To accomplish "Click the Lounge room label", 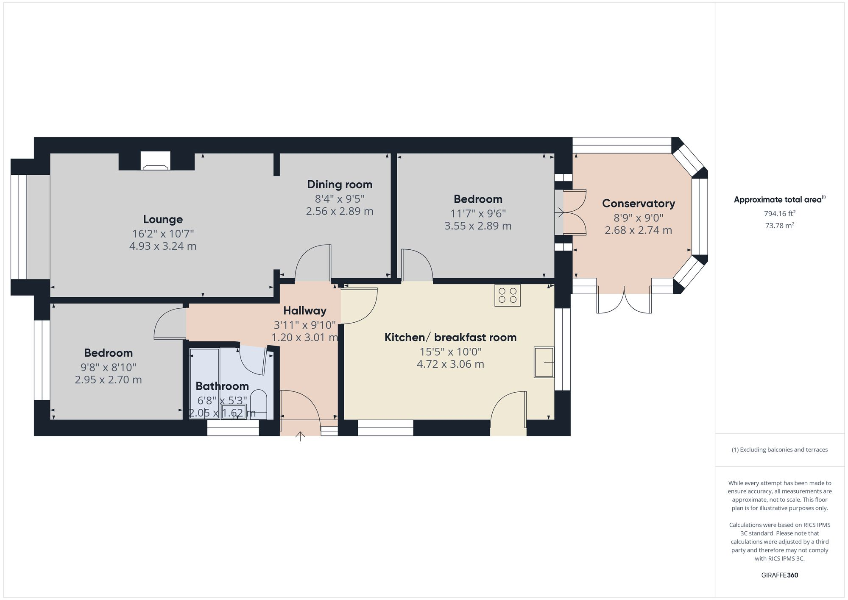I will coord(163,219).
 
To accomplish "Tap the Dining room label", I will coord(340,184).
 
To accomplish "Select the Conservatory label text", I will coord(638,204).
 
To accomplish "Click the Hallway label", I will coord(305,311).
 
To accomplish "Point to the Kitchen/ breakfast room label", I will coord(450,338).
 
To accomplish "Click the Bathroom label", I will coord(222,386).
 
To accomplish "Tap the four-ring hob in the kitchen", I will coord(507,295).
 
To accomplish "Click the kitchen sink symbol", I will coord(544,362).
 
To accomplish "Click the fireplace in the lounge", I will coord(156,162).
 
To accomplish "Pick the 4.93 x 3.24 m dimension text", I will coord(163,246).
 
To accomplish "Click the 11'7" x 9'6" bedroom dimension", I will coord(478,214).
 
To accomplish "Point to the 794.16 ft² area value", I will coord(779,214).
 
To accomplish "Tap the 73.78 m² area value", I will coord(779,226).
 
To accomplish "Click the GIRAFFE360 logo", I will coord(779,575).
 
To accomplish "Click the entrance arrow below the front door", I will coord(300,436).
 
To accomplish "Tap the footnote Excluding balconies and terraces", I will coord(779,450).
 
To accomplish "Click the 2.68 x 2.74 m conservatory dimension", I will coord(638,231).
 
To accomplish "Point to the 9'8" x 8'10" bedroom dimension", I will coord(109,368).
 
